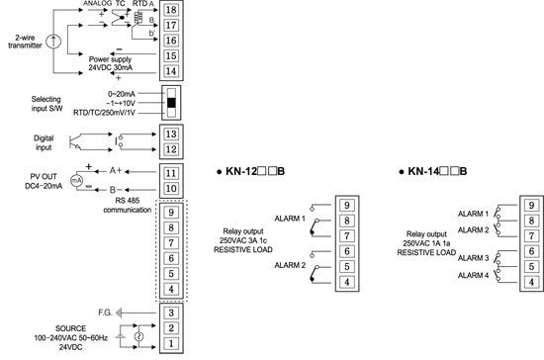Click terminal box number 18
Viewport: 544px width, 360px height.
click(172, 9)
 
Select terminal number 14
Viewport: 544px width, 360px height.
click(172, 71)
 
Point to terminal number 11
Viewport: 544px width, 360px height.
click(172, 171)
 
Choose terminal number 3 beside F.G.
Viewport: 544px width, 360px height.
click(171, 312)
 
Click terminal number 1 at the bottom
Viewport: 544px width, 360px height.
click(171, 342)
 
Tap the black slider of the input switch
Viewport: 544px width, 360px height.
click(173, 103)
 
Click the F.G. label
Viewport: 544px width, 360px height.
click(106, 312)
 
